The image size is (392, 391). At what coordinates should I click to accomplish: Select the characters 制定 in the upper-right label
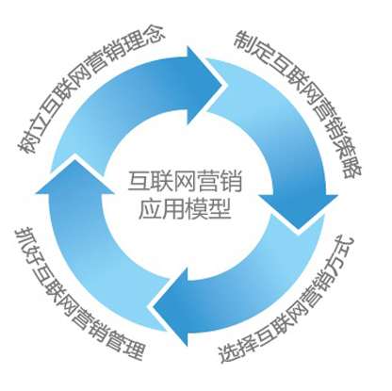pyautogui.click(x=253, y=46)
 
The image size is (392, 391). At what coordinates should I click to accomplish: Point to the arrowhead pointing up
pyautogui.click(x=74, y=176)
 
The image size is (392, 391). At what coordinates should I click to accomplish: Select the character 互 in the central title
pyautogui.click(x=139, y=181)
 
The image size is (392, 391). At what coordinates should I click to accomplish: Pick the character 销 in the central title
pyautogui.click(x=231, y=181)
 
